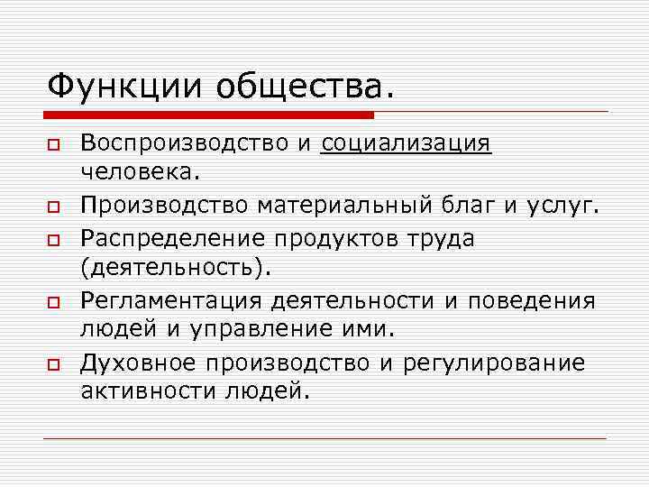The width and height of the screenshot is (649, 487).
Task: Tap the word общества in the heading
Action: tap(305, 87)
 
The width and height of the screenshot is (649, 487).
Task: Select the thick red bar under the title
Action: tap(208, 115)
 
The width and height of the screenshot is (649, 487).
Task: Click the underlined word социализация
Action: tap(407, 144)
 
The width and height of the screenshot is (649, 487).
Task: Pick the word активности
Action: tap(148, 391)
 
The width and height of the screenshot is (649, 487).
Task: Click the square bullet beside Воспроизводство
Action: tap(54, 145)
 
